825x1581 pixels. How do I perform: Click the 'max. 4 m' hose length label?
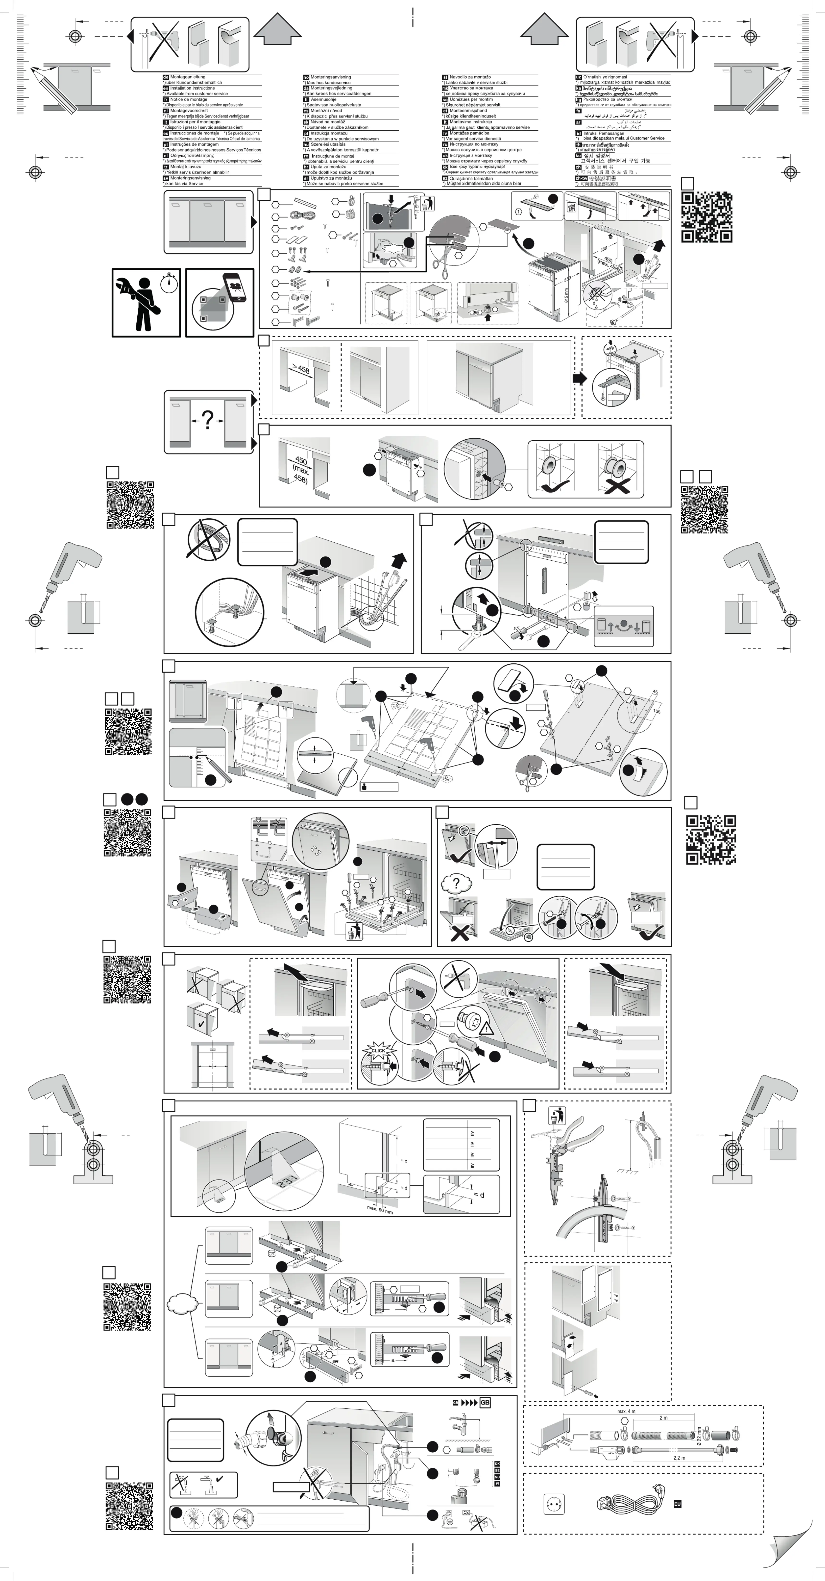pos(626,1411)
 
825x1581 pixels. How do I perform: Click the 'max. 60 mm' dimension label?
pos(380,1209)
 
